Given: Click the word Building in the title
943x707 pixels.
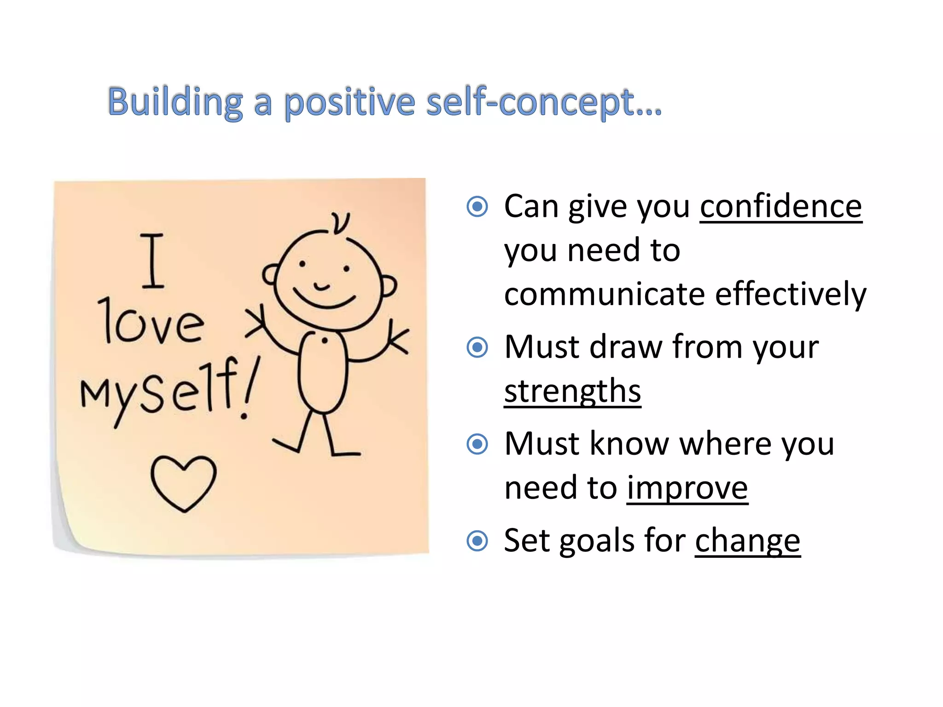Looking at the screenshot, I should click(x=175, y=102).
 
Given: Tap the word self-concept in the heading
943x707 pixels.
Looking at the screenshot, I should click(x=543, y=102).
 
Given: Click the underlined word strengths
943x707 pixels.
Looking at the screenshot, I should click(x=572, y=391).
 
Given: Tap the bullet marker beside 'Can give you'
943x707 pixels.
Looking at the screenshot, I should click(x=477, y=207).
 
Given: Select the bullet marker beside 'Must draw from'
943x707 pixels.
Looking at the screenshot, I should click(x=477, y=347).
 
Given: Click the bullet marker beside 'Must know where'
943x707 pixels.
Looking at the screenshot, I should click(x=477, y=444).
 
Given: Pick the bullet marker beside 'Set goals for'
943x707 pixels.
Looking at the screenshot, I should click(x=477, y=541).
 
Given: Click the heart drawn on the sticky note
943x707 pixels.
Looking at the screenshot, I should click(x=183, y=482).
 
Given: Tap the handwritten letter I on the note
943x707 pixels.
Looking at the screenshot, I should click(x=152, y=261).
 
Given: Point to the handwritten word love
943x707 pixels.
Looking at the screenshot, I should click(x=152, y=322).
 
